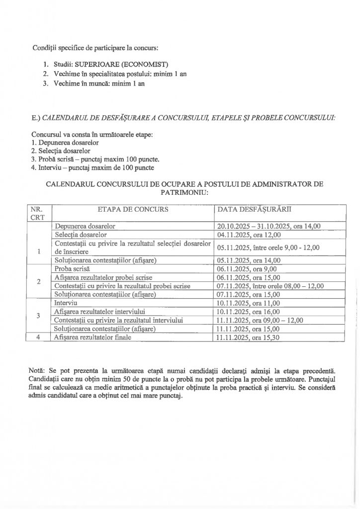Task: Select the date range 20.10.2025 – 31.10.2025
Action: (252, 226)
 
